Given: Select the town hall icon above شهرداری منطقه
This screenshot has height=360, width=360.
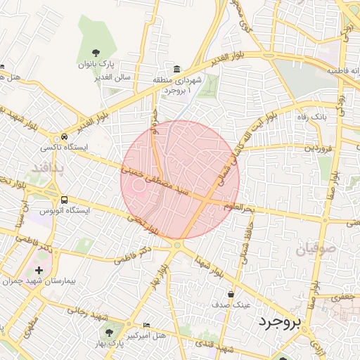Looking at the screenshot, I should [x=176, y=69].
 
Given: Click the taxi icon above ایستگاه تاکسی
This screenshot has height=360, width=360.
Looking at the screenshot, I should [x=65, y=136].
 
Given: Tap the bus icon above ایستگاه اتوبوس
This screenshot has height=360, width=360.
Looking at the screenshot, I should [x=65, y=200].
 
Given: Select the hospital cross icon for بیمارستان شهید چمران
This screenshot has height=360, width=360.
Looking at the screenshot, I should [x=39, y=269].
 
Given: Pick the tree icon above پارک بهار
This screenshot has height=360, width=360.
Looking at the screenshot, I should [x=108, y=330].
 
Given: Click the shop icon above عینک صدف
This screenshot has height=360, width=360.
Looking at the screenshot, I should [x=231, y=294].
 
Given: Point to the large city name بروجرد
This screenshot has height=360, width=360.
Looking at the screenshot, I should [x=279, y=322].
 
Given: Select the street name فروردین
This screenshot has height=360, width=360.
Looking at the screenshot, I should [x=318, y=148].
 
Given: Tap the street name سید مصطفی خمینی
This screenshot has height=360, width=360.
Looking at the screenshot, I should [x=154, y=180].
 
